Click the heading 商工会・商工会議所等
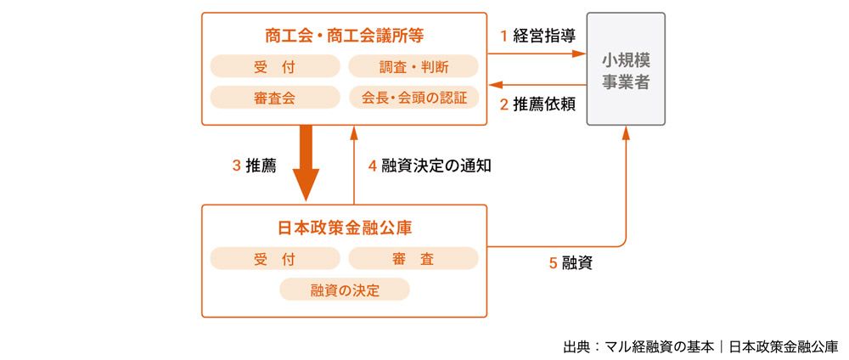tap(344, 36)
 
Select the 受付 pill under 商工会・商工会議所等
tap(273, 66)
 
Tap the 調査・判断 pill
tap(413, 66)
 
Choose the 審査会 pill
tap(273, 98)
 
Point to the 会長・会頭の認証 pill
tap(413, 98)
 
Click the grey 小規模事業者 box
tap(626, 70)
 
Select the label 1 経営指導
tap(537, 36)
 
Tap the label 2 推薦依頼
tap(537, 104)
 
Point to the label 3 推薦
tap(254, 166)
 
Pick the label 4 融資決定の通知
tap(430, 166)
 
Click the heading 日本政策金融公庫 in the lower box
tap(344, 228)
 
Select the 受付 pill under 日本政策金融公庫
tap(273, 259)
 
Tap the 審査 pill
tap(413, 259)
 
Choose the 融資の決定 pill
tap(344, 290)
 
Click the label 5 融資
tap(570, 263)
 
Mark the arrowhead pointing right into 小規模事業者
tap(582, 54)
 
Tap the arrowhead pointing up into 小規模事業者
tap(627, 132)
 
